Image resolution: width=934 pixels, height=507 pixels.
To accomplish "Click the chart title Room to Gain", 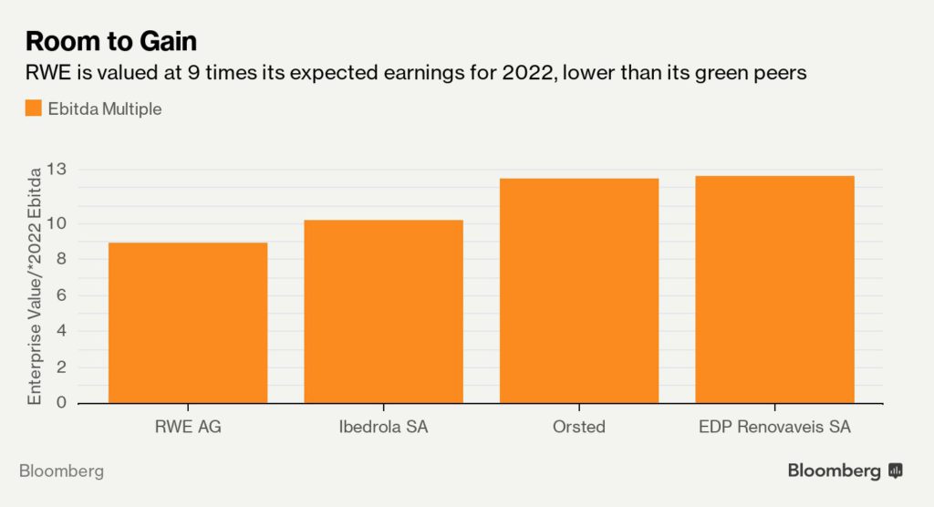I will (111, 41).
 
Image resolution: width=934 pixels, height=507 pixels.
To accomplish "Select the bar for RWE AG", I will (188, 323).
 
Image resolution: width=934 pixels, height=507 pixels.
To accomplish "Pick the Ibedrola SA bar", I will (383, 311).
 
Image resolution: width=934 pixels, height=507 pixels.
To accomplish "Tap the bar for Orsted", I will (579, 291).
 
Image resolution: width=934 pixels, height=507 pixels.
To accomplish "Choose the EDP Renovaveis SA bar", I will (774, 289).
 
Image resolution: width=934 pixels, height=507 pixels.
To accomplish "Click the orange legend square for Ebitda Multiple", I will (34, 109).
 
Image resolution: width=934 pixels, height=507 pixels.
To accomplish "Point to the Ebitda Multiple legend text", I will (105, 109).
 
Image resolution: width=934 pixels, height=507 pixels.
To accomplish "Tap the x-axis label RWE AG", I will (188, 427).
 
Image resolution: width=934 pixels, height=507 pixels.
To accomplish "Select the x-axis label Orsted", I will (579, 427).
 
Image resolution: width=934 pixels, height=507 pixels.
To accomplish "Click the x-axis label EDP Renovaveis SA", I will (774, 427).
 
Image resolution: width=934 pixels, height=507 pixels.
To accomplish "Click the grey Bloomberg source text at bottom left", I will (61, 471).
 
